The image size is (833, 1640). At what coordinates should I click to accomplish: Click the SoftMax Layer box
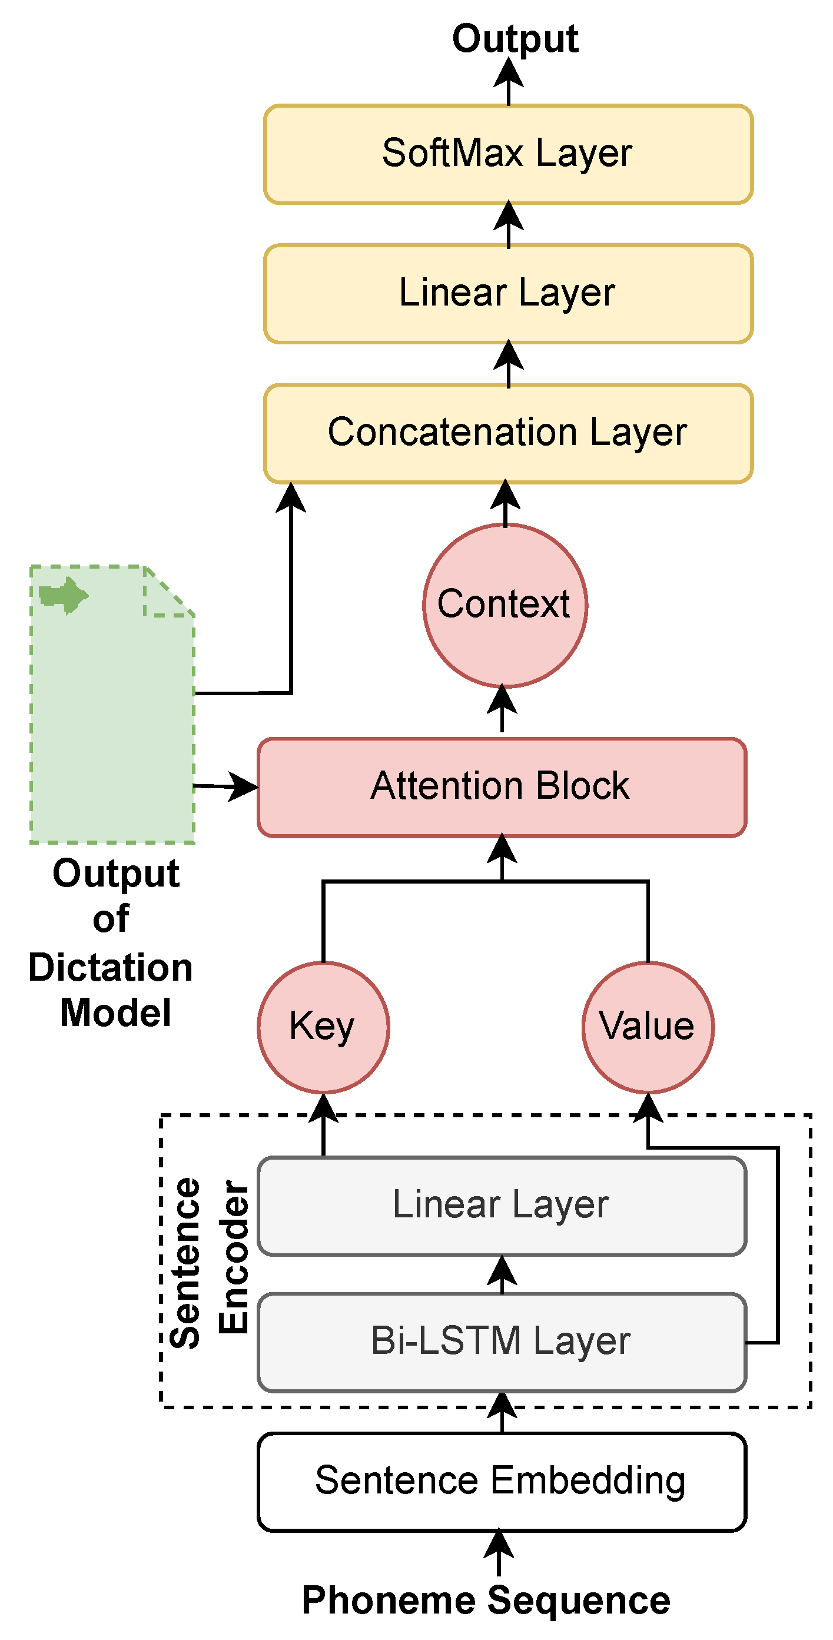point(508,154)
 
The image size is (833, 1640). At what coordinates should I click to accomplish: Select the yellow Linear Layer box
point(508,294)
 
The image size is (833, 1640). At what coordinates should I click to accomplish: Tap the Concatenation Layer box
point(508,433)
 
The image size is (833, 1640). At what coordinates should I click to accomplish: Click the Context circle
point(505,605)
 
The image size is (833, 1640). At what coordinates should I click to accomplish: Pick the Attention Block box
point(501,787)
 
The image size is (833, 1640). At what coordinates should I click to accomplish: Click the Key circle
point(323,1027)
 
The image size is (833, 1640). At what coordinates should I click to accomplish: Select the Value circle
point(648,1027)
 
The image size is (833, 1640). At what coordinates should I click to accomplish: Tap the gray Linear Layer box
point(501,1206)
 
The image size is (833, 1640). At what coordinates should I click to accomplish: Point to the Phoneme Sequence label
point(486,1600)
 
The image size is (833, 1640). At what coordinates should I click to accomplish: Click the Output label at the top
point(515,38)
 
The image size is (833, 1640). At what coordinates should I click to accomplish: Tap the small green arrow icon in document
point(64,595)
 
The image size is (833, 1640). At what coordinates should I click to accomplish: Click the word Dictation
point(110,967)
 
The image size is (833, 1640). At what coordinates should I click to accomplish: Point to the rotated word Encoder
point(233,1256)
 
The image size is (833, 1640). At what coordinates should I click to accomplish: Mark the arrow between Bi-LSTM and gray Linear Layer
point(502,1274)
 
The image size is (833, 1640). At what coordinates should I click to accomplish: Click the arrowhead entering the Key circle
point(324,1108)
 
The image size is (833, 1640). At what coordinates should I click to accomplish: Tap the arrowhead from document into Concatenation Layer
point(291,498)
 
